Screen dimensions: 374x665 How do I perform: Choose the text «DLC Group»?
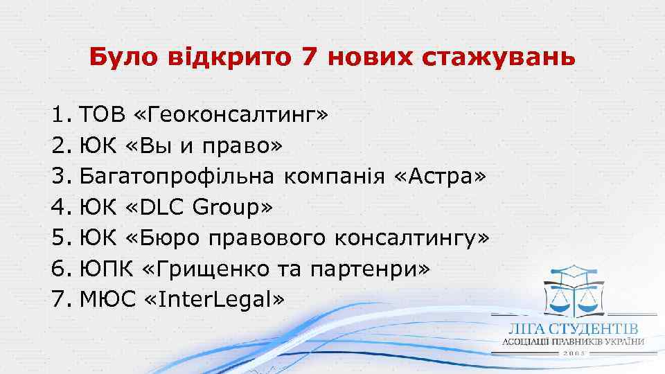(200, 206)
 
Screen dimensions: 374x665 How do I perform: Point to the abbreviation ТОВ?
(100, 114)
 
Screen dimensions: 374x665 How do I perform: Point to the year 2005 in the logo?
(575, 353)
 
